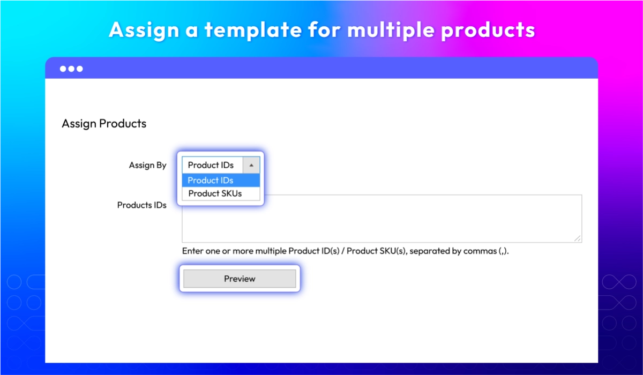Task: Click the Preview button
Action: [x=240, y=279]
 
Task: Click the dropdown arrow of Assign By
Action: [x=251, y=165]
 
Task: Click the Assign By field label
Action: [x=147, y=165]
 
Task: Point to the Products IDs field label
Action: [x=142, y=205]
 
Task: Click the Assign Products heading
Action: [x=104, y=124]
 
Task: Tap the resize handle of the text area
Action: [x=578, y=238]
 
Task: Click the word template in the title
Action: [x=253, y=30]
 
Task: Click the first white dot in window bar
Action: [x=63, y=69]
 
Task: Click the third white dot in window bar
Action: [x=80, y=69]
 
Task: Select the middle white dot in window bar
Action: [x=71, y=69]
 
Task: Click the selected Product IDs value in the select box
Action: [x=211, y=165]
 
